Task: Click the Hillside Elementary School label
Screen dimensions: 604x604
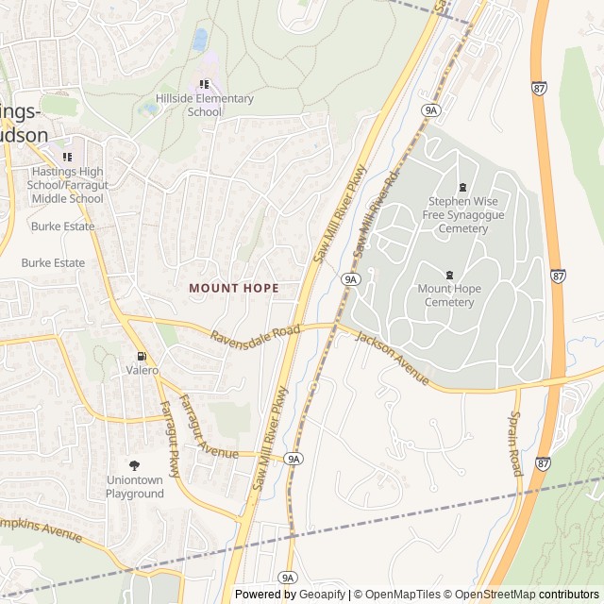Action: (x=204, y=105)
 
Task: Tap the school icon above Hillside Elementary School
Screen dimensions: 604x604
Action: (x=205, y=85)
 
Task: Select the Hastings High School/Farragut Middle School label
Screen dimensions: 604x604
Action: (x=67, y=185)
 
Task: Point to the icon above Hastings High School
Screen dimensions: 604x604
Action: (x=67, y=157)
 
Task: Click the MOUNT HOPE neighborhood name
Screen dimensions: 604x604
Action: (x=233, y=288)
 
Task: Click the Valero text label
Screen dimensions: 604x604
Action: (x=142, y=371)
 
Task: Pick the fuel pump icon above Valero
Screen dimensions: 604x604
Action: (x=142, y=356)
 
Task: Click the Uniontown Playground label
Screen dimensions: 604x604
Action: (x=134, y=487)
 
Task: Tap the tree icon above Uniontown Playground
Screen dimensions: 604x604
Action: (x=134, y=465)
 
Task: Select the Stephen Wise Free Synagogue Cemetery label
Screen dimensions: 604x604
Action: (x=462, y=215)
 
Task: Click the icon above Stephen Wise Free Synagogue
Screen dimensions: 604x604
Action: (x=462, y=187)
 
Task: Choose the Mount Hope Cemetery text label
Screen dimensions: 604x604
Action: (x=449, y=295)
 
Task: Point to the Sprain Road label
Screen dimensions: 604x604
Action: (x=515, y=443)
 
